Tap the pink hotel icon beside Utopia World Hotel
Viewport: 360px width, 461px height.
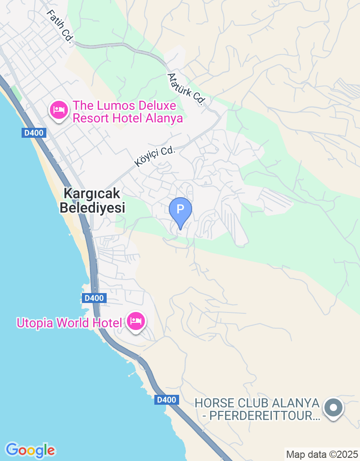pos(135,321)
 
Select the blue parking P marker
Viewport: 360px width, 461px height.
pos(180,210)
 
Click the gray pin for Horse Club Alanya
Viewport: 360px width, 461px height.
pos(333,408)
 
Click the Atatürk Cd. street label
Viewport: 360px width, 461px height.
pos(186,89)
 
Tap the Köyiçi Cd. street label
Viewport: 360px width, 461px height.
pos(154,156)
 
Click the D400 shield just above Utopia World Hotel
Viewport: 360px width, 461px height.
pos(94,298)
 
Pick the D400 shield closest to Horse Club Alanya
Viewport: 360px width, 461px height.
pos(167,400)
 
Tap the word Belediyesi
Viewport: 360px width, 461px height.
pos(92,208)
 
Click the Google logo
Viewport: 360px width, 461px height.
pos(30,450)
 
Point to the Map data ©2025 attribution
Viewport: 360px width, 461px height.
pos(322,454)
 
